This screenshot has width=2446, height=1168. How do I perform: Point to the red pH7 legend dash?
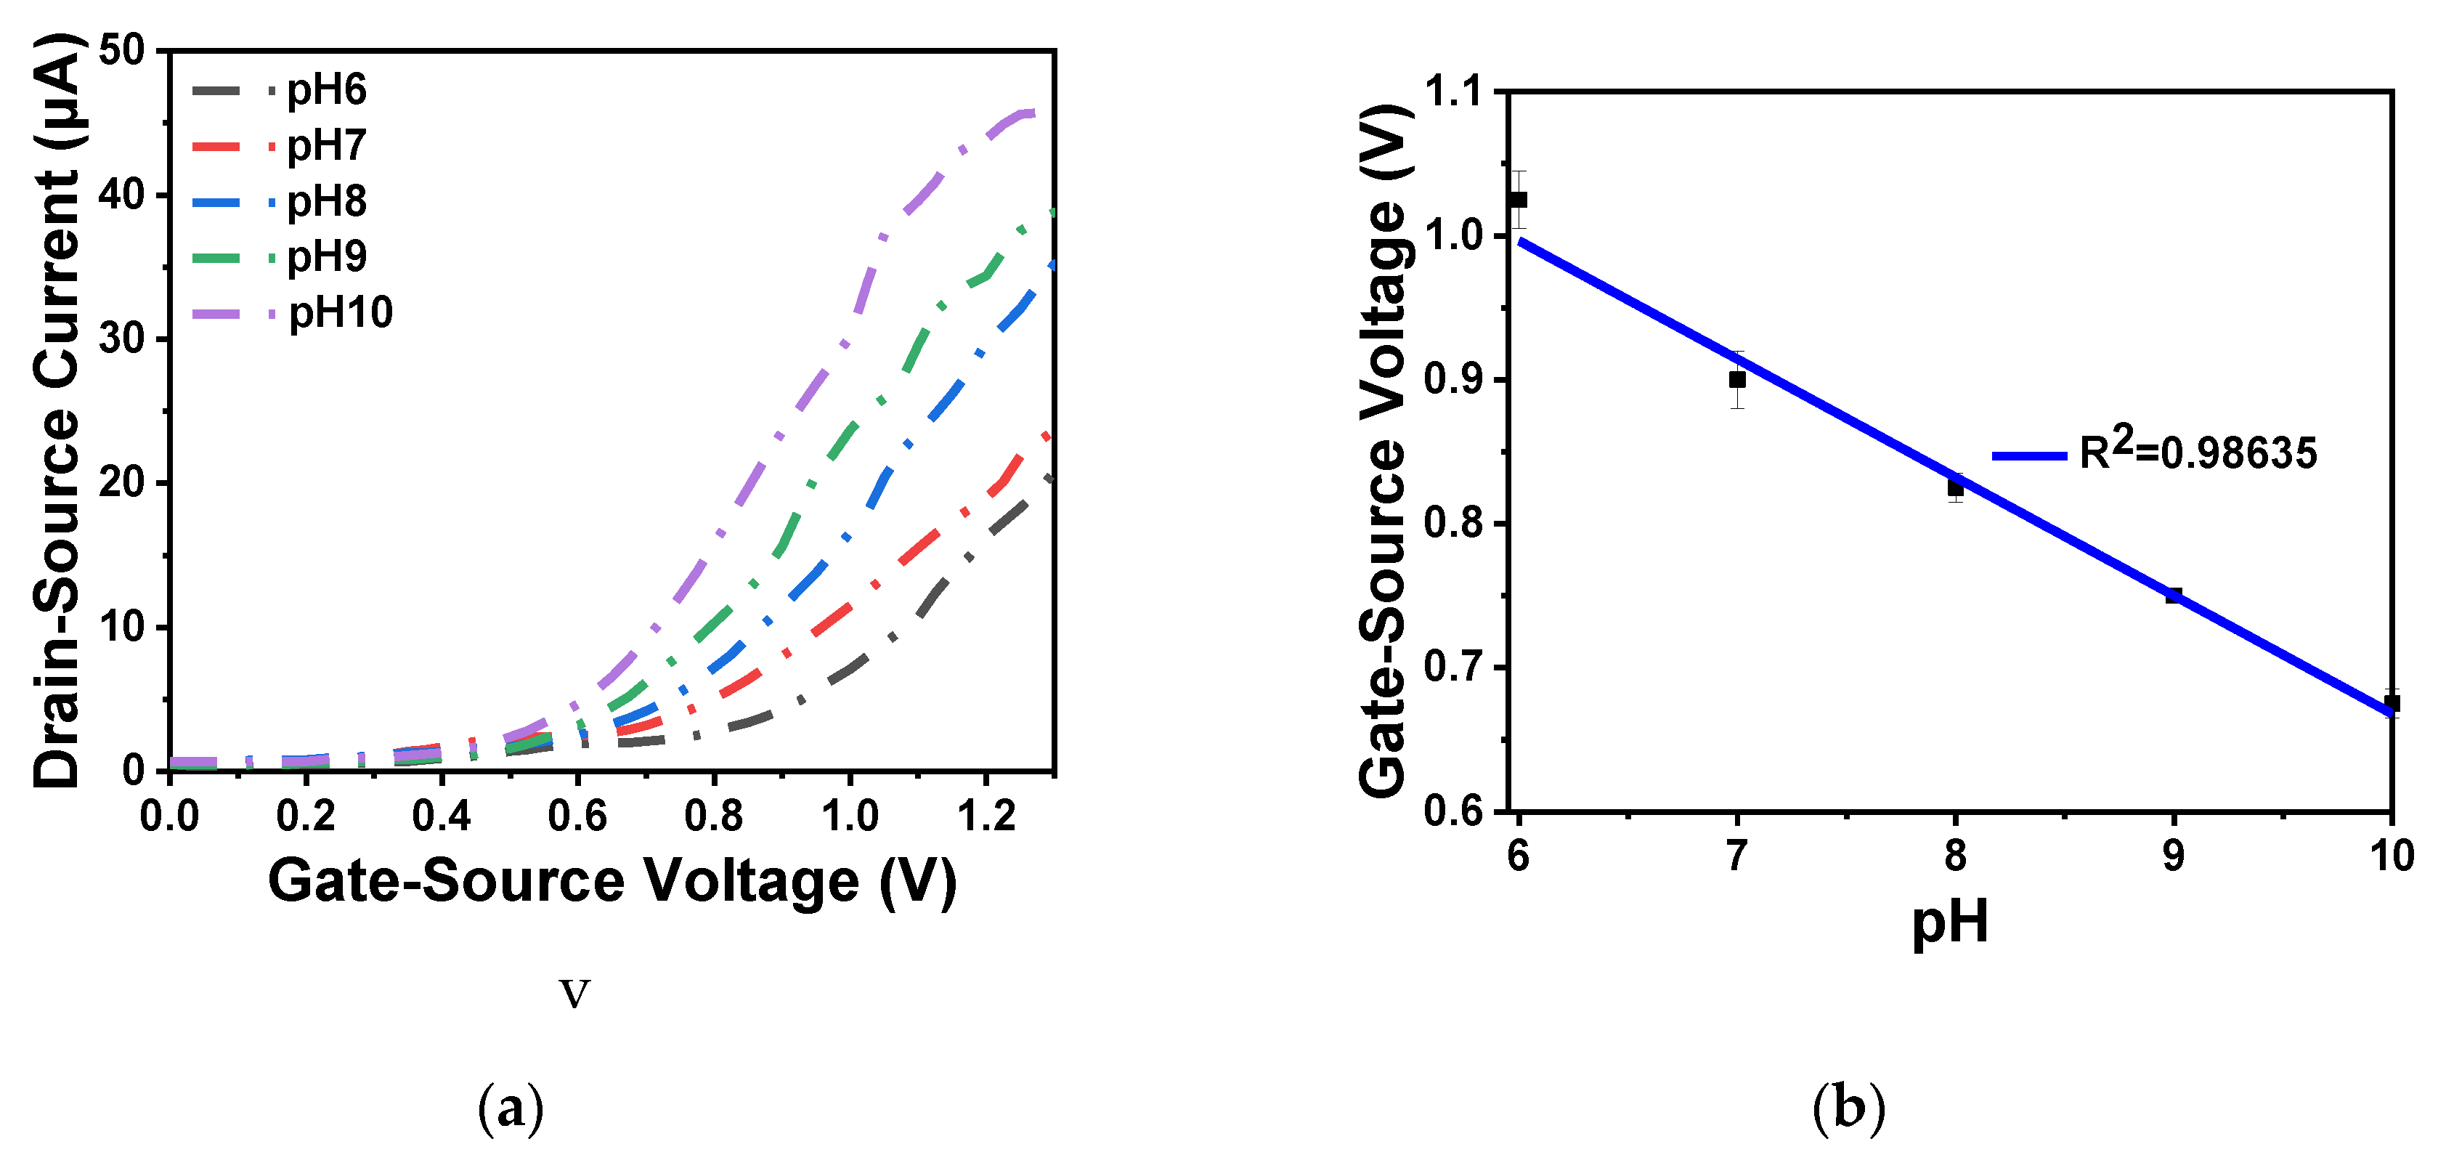tap(217, 146)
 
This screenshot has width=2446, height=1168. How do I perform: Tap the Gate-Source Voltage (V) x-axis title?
tap(612, 881)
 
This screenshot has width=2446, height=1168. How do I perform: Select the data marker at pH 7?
tap(1736, 379)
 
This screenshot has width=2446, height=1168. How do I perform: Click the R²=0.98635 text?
tap(2197, 452)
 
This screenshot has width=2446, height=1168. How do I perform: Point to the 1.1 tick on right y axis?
tap(1452, 92)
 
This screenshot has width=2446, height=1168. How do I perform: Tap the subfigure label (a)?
tap(511, 1108)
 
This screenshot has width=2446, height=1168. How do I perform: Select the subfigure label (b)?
tap(1848, 1108)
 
